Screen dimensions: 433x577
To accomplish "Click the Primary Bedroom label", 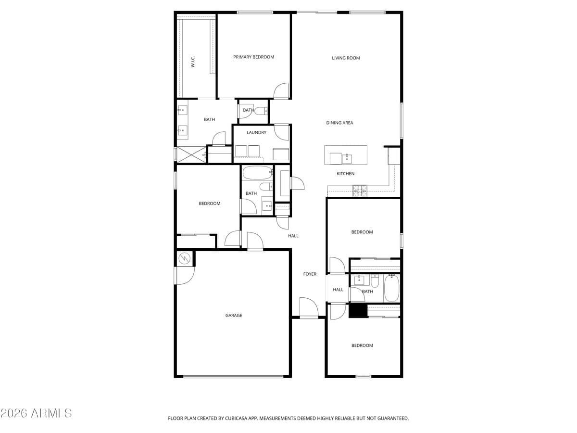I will coord(253,57).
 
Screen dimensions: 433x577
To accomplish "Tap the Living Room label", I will coord(346,58).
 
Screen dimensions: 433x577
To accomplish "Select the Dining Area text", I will coord(339,123).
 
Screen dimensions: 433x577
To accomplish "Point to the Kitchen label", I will coord(345,174).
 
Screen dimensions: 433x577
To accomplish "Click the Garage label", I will coord(234,316).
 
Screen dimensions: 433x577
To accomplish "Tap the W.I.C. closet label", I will coord(193,61).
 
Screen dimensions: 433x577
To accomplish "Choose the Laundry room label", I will coord(256,132).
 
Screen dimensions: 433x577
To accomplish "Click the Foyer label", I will coord(310,274).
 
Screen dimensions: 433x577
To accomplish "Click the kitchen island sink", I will coord(347,158).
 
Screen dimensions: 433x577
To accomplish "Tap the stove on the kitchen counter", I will coord(360,191).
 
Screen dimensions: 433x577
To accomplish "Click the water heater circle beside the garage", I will coord(185,259).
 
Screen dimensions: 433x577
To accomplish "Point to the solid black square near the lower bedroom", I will coord(358,310).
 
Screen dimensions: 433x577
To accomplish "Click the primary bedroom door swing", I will coord(281,91).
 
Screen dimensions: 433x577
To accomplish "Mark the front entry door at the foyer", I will coord(308,308).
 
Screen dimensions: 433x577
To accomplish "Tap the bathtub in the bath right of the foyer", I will coord(391,288).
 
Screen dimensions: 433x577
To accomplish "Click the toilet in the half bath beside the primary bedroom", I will coord(261,112).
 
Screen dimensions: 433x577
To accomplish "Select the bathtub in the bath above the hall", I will coord(257,172).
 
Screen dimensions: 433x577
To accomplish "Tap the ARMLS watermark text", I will coord(37,413).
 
